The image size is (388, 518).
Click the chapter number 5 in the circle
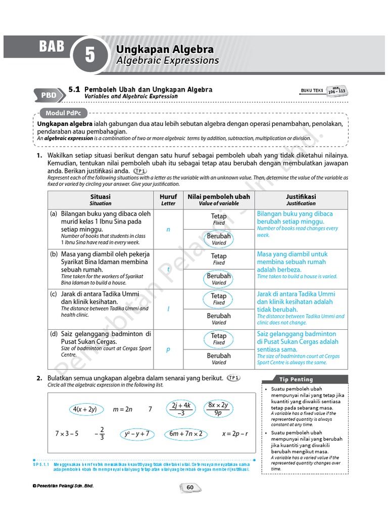[x=90, y=55]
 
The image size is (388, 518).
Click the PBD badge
[x=49, y=95]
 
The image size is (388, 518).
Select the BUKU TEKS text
[x=312, y=91]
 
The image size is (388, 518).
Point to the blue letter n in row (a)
[x=168, y=229]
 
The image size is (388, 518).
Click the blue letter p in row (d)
[x=168, y=350]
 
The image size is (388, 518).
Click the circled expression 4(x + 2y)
[x=84, y=409]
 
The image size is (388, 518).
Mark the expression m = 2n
[x=123, y=409]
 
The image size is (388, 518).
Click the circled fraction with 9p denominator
[x=218, y=409]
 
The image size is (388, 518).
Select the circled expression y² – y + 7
[x=137, y=434]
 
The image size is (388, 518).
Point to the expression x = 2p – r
[x=235, y=434]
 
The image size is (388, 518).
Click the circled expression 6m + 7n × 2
[x=186, y=434]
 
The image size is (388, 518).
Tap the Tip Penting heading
[x=296, y=379]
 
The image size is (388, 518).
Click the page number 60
[x=190, y=487]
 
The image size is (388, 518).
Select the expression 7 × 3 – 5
[x=67, y=434]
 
